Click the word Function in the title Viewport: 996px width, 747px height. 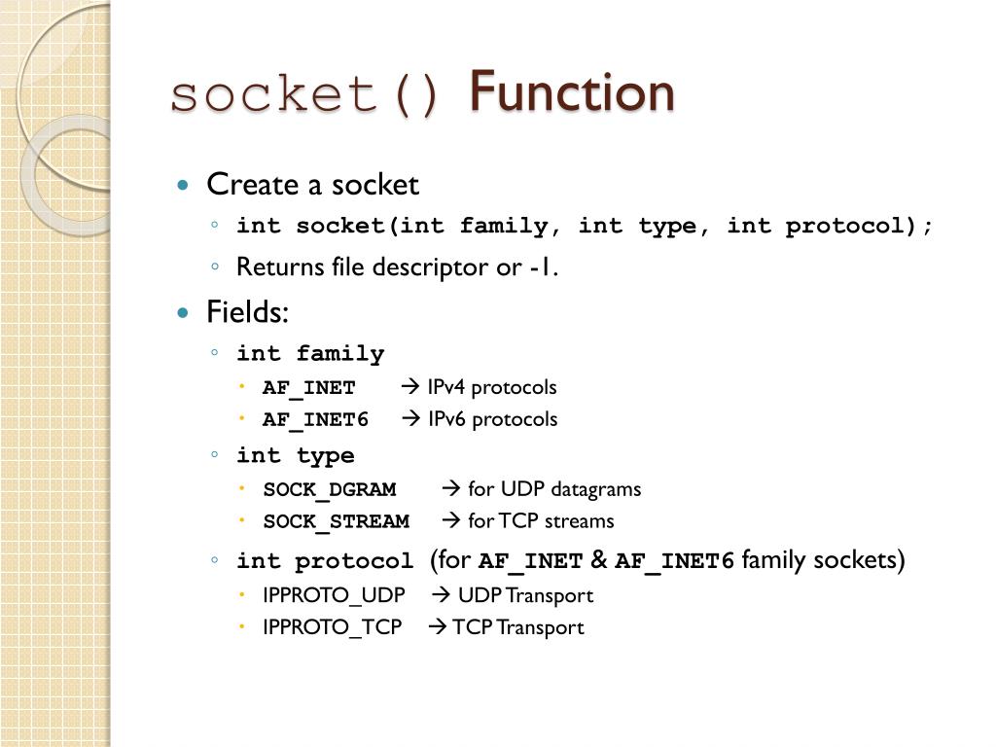click(x=571, y=93)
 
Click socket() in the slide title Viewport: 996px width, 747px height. click(x=305, y=95)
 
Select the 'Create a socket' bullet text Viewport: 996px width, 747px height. click(x=312, y=184)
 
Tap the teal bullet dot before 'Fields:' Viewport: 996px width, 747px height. click(x=183, y=313)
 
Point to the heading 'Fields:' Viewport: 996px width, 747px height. click(x=248, y=313)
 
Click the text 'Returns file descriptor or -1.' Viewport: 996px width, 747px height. click(x=397, y=267)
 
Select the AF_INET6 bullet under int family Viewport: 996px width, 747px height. click(x=315, y=420)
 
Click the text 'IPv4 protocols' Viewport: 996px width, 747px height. click(x=491, y=387)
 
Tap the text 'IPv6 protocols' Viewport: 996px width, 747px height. click(x=491, y=419)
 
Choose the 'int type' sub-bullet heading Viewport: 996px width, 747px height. click(x=296, y=456)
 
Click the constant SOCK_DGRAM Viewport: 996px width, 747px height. click(x=329, y=489)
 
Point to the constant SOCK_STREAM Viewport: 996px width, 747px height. click(x=336, y=521)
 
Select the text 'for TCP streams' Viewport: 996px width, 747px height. click(x=541, y=521)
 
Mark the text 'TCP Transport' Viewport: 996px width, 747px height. click(x=517, y=627)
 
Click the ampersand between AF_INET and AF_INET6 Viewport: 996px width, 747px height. click(x=598, y=561)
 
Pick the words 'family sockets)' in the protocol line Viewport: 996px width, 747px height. click(x=823, y=561)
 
